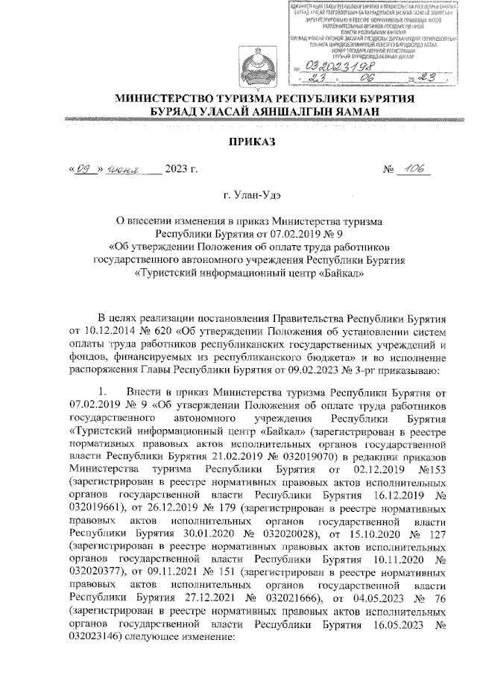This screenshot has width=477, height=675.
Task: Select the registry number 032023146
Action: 95,639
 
